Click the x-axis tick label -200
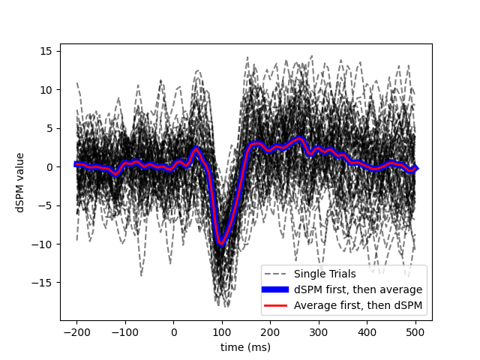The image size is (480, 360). pyautogui.click(x=76, y=332)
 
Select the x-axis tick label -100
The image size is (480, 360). pyautogui.click(x=124, y=332)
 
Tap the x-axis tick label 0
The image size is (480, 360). pyautogui.click(x=174, y=332)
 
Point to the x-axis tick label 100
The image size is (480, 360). pyautogui.click(x=222, y=332)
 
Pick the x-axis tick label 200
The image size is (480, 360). pyautogui.click(x=270, y=332)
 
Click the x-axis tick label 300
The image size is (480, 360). pyautogui.click(x=319, y=332)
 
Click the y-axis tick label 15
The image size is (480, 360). pyautogui.click(x=46, y=51)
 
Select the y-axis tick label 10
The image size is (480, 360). pyautogui.click(x=46, y=89)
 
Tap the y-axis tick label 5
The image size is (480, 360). pyautogui.click(x=49, y=128)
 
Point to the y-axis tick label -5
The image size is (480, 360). pyautogui.click(x=46, y=205)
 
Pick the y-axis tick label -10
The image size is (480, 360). pyautogui.click(x=43, y=244)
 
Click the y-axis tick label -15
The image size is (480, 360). pyautogui.click(x=43, y=283)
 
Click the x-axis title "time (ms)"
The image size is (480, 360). pyautogui.click(x=245, y=347)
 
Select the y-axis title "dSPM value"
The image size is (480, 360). pyautogui.click(x=20, y=181)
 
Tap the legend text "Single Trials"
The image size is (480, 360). pyautogui.click(x=325, y=274)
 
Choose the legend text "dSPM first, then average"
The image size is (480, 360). pyautogui.click(x=358, y=289)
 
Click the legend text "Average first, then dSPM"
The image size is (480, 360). pyautogui.click(x=358, y=305)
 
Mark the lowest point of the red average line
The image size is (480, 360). pyautogui.click(x=221, y=243)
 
